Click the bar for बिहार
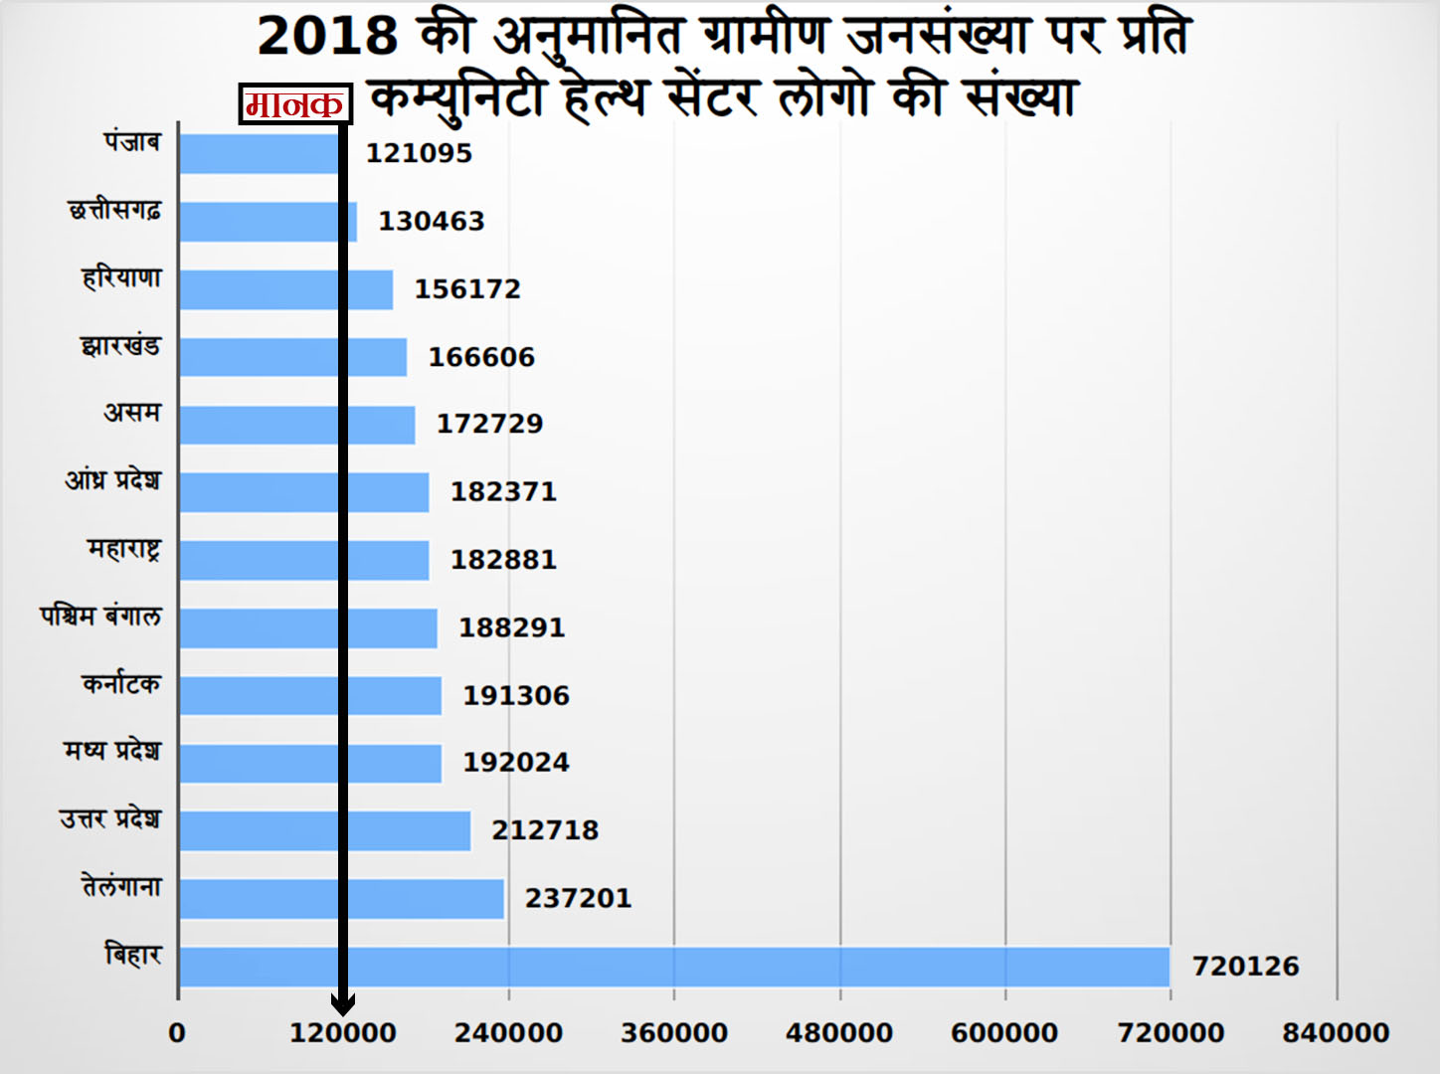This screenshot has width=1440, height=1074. coord(674,967)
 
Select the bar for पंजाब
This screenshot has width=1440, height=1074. coord(259,153)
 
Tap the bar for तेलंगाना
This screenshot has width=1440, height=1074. coord(341,899)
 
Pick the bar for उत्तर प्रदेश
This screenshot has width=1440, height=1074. coord(324,830)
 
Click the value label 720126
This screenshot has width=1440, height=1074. coord(1245,967)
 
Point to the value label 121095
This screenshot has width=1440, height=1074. coord(419,153)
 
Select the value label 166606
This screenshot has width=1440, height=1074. coord(481,357)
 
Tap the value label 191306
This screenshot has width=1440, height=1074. coord(515,695)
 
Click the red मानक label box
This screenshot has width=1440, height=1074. coord(295,103)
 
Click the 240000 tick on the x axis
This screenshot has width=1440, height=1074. coord(508,1033)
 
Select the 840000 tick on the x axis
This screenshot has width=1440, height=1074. coord(1336,1033)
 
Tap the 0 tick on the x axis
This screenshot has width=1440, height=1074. coord(177,1033)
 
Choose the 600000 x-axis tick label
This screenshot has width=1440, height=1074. coord(1004,1033)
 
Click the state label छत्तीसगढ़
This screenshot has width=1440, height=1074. coord(114,211)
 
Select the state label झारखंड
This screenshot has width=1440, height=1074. coord(120,346)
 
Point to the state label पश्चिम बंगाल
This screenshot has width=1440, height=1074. coord(100,617)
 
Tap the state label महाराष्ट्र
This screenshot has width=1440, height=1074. coord(123,549)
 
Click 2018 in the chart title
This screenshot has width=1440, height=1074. coord(327,36)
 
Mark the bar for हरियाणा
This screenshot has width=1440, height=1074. coord(285,289)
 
